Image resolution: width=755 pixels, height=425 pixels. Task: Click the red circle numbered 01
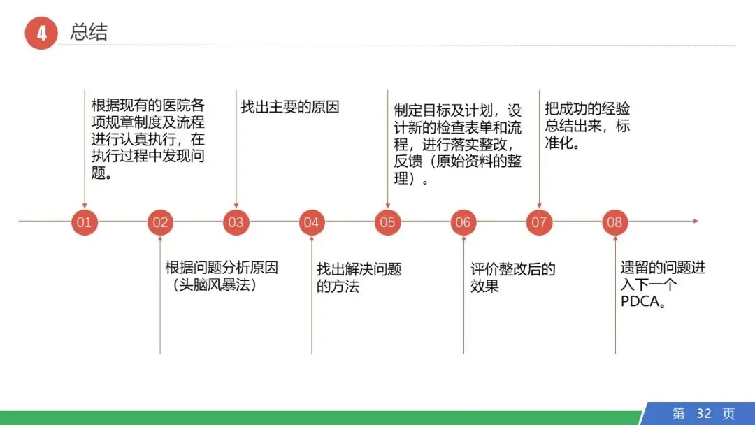(x=84, y=223)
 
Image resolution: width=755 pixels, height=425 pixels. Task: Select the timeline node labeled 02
(x=160, y=223)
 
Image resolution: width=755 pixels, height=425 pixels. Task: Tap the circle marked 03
(x=236, y=223)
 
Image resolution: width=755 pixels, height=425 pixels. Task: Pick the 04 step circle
(x=311, y=223)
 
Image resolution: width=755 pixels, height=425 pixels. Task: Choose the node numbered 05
(x=387, y=223)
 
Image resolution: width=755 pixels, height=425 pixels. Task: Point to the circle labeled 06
(x=463, y=223)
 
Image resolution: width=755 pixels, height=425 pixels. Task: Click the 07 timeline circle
(x=538, y=223)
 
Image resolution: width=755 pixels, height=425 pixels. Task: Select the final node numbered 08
(x=614, y=223)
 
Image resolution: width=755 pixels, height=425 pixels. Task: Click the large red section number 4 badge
(x=41, y=33)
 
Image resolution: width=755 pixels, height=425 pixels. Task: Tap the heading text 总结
(x=89, y=32)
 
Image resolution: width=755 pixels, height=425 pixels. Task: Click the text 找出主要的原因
(x=289, y=107)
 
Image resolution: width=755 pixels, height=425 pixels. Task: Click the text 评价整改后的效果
(x=512, y=278)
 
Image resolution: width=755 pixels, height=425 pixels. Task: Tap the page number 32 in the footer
(x=703, y=413)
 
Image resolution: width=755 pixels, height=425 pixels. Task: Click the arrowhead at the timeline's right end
(x=695, y=222)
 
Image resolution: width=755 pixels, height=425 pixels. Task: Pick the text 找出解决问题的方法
(x=359, y=278)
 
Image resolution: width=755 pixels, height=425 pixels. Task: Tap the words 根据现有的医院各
(x=148, y=106)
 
